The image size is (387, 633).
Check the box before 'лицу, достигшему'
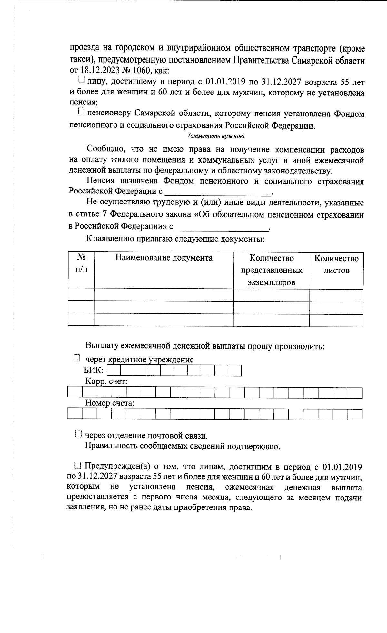[x=81, y=79]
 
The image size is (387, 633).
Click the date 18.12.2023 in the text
[x=96, y=71]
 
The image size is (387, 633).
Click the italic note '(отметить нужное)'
[x=217, y=136]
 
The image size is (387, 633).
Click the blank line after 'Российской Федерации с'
[x=218, y=192]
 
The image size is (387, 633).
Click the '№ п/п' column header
[x=81, y=263]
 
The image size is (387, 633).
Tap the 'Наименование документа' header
[x=164, y=258]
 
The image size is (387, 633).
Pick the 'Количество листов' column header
[x=336, y=264]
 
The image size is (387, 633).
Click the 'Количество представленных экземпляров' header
[x=272, y=270]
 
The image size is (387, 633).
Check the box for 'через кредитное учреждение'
[x=76, y=358]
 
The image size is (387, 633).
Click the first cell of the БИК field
[x=113, y=371]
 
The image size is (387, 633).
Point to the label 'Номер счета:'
[x=110, y=403]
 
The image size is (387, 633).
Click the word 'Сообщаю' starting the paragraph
[x=103, y=150]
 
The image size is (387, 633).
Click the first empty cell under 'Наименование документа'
[x=164, y=295]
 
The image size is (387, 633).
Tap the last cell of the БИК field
[x=235, y=371]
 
